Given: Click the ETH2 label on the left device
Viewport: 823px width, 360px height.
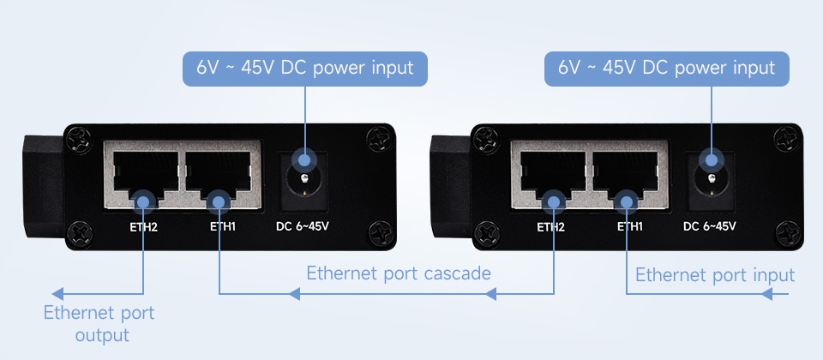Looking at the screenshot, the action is tap(143, 227).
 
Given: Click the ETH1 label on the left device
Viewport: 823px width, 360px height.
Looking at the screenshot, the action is tap(223, 227).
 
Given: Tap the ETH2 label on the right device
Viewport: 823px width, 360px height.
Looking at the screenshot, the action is tap(550, 227).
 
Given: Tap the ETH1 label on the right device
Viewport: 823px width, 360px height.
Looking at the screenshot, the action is tap(630, 227).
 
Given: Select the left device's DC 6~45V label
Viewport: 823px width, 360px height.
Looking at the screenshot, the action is tap(302, 227).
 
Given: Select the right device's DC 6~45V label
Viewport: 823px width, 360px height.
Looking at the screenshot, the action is tap(710, 227).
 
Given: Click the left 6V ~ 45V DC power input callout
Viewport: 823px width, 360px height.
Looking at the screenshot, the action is tap(305, 68).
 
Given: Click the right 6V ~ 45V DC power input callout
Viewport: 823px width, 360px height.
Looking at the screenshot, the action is tap(667, 68).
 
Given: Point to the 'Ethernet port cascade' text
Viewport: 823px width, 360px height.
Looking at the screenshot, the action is tap(399, 273).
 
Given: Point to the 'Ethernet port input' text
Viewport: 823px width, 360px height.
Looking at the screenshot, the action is tap(715, 275).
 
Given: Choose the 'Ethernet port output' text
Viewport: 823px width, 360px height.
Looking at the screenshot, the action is tap(99, 324).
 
